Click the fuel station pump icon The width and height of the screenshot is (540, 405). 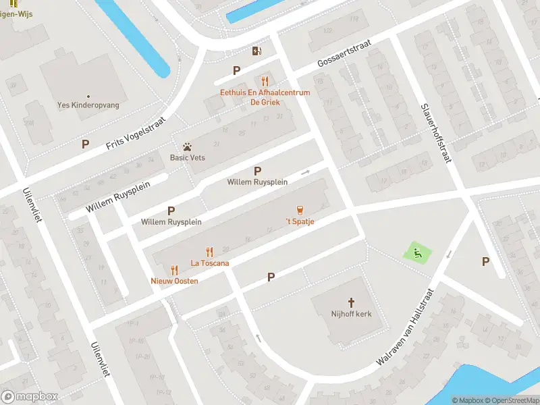click(x=256, y=51)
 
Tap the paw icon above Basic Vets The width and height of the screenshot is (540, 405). click(x=188, y=146)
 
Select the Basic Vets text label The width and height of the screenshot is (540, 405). click(x=188, y=158)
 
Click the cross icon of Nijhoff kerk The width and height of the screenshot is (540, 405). click(x=351, y=302)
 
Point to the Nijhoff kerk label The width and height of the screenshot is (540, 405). click(x=351, y=315)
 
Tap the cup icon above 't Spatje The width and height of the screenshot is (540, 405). click(x=300, y=210)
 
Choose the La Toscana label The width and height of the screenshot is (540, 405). click(x=210, y=263)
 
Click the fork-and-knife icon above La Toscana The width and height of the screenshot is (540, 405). click(x=210, y=252)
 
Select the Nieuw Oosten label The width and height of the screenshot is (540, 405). click(x=174, y=281)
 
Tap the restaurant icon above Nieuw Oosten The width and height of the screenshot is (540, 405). click(x=174, y=269)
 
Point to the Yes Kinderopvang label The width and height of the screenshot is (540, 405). click(x=88, y=105)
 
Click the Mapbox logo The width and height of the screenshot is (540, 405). click(x=30, y=396)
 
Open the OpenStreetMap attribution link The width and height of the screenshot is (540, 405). click(x=511, y=400)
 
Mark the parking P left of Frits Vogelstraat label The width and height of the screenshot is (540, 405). click(x=85, y=144)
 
